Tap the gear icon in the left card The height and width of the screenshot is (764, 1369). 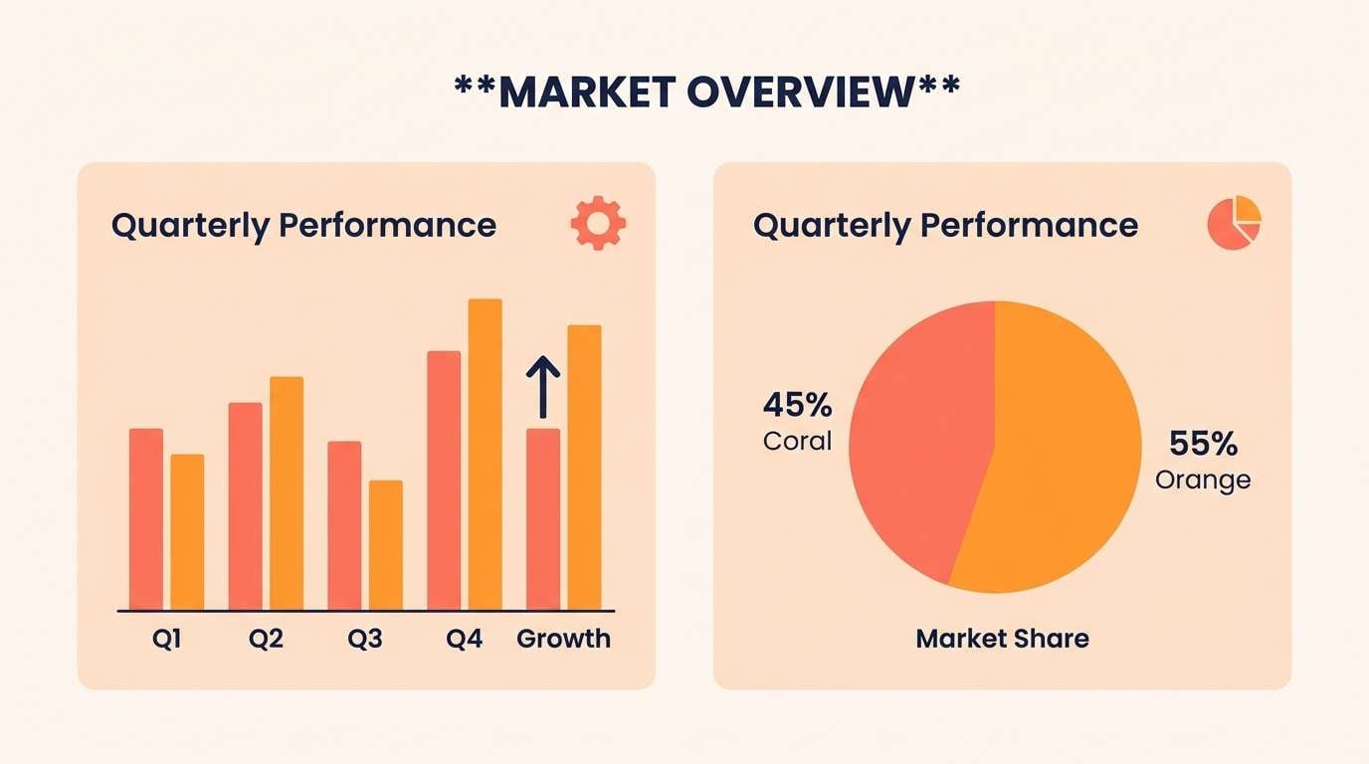[598, 223]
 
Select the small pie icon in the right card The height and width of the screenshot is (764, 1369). [1234, 223]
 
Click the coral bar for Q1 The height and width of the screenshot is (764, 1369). [145, 518]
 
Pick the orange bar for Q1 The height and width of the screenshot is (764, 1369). [187, 531]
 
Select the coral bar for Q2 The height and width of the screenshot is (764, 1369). [245, 505]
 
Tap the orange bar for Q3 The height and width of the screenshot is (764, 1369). [386, 544]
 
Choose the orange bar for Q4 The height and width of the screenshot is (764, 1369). [486, 454]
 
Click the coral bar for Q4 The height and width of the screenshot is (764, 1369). [444, 479]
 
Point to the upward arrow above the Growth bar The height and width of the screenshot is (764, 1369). [543, 387]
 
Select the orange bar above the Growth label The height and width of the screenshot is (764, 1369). [585, 467]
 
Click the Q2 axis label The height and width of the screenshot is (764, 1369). [266, 639]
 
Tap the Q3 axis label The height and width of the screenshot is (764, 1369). [365, 639]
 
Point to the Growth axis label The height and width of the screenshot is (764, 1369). [563, 639]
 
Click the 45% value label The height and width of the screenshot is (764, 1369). [797, 406]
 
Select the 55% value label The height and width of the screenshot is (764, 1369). [1202, 443]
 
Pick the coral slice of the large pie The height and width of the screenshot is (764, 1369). [915, 438]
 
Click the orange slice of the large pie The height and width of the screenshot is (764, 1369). [1065, 458]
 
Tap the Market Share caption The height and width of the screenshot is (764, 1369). [1002, 638]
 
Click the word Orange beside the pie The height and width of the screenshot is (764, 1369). [1202, 479]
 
